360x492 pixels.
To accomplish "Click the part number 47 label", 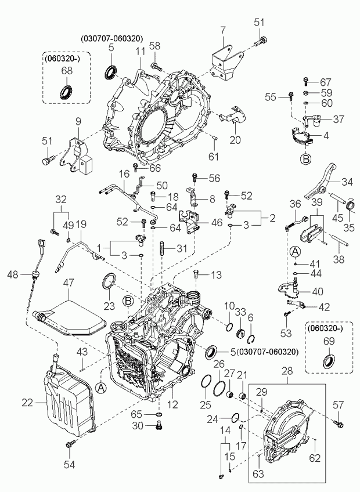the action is coord(69,283).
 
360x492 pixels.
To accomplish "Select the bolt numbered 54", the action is coord(70,444).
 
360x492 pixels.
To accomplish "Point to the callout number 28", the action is coord(287,371).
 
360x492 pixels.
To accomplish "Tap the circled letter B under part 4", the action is coord(305,159).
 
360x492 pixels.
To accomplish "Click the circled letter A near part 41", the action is coord(295,251).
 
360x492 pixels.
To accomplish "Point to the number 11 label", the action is coord(140,52).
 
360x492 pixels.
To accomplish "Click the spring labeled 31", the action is coord(163,249).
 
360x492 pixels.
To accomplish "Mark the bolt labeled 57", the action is coord(339,424).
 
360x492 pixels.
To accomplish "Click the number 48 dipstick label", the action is coord(13,275).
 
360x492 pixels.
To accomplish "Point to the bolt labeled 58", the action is coord(156,66).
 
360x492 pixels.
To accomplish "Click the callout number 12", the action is coord(173,404).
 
